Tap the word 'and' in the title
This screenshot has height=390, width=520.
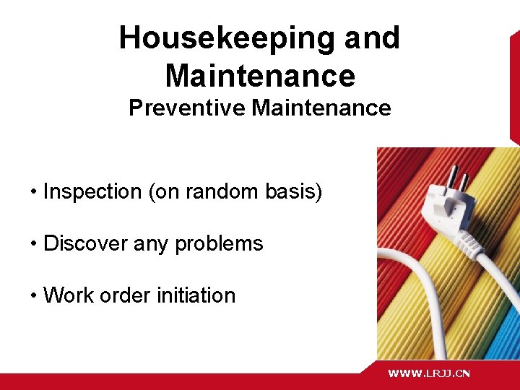tap(372, 38)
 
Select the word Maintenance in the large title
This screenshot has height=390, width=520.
tap(260, 75)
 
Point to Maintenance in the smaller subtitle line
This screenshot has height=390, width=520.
tap(321, 108)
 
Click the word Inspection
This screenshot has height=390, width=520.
tap(92, 192)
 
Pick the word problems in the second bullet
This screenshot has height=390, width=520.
tap(225, 244)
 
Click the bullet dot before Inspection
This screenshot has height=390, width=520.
tap(34, 193)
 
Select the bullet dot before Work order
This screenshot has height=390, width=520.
tap(34, 296)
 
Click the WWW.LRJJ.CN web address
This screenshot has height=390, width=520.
tap(429, 373)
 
